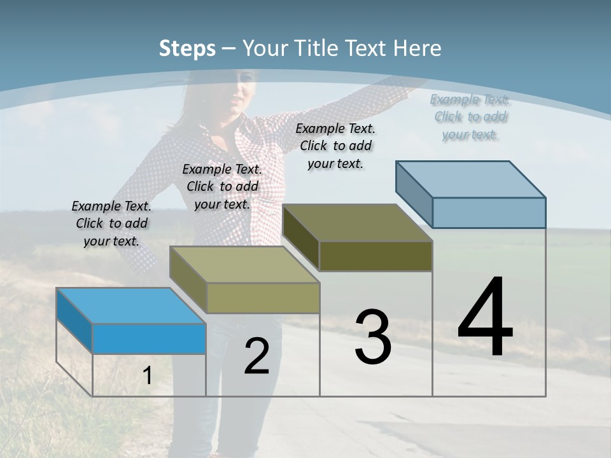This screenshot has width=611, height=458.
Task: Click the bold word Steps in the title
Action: click(x=186, y=48)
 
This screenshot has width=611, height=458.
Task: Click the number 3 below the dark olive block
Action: click(x=372, y=337)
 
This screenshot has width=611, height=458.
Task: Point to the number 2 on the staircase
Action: click(x=256, y=356)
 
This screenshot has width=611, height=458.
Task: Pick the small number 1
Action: click(x=148, y=376)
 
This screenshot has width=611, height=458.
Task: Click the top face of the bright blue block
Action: click(x=131, y=305)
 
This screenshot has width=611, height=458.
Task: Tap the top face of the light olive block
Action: click(x=244, y=264)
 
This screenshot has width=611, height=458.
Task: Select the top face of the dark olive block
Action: click(x=358, y=223)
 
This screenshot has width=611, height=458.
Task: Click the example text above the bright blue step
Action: click(x=111, y=223)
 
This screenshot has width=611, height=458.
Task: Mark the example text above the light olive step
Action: click(x=222, y=186)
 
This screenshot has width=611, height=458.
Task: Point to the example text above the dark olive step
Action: click(x=335, y=146)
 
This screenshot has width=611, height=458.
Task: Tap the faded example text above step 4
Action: click(x=470, y=116)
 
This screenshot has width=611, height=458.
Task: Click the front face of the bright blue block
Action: click(x=149, y=338)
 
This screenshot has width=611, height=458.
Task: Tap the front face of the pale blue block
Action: click(x=489, y=212)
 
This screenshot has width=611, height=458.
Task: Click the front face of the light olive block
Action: click(x=263, y=298)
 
